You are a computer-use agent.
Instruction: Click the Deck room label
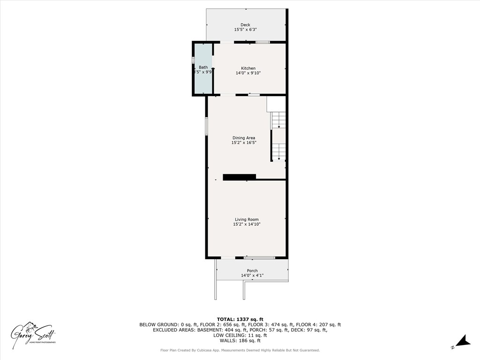click(245, 25)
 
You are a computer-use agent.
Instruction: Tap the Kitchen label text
click(248, 68)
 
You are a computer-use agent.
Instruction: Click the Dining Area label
click(244, 138)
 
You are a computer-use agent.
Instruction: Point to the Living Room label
click(247, 219)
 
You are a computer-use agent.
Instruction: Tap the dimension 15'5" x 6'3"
click(245, 30)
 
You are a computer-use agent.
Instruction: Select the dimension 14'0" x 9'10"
click(248, 73)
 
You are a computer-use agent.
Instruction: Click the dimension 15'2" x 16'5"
click(244, 142)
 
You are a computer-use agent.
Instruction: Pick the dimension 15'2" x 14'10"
click(247, 225)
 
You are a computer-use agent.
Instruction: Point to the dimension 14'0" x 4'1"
click(252, 275)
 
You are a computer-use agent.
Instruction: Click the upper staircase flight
click(279, 120)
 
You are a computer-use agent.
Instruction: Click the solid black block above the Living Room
click(239, 177)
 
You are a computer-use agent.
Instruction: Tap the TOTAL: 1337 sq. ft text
click(240, 319)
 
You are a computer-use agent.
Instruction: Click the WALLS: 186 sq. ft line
click(240, 341)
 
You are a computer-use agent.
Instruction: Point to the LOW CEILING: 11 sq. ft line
click(240, 335)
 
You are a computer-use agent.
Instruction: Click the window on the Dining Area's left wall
click(206, 127)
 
